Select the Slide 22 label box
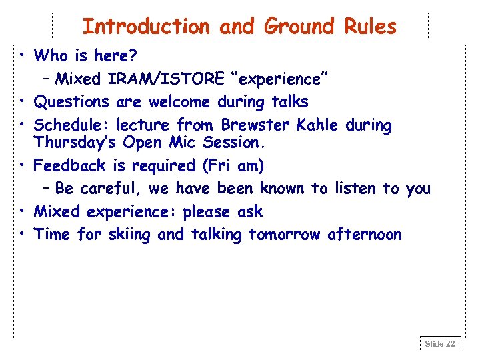440,344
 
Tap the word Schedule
72,125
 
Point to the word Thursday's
74,143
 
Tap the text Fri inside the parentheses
219,165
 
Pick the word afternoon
365,235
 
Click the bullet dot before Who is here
23,54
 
